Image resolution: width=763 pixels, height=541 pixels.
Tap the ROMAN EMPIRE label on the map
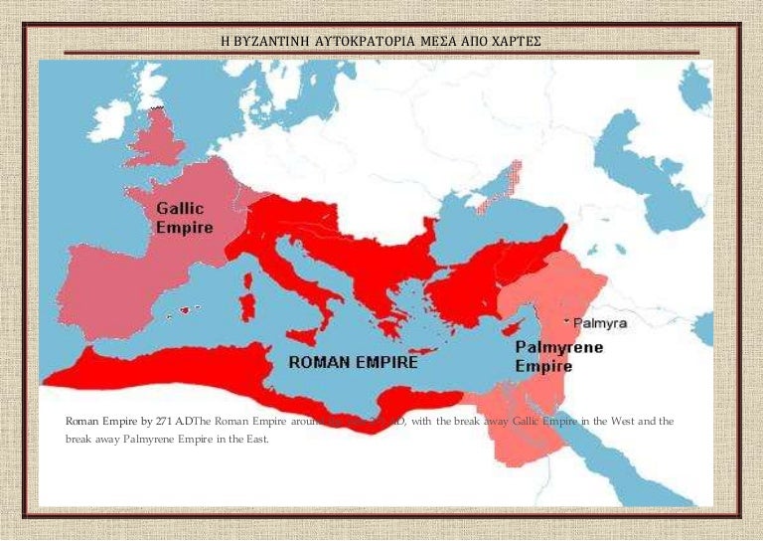click(353, 363)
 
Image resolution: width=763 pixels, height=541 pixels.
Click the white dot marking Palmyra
click(566, 322)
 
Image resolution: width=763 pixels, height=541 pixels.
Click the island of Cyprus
click(513, 328)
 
